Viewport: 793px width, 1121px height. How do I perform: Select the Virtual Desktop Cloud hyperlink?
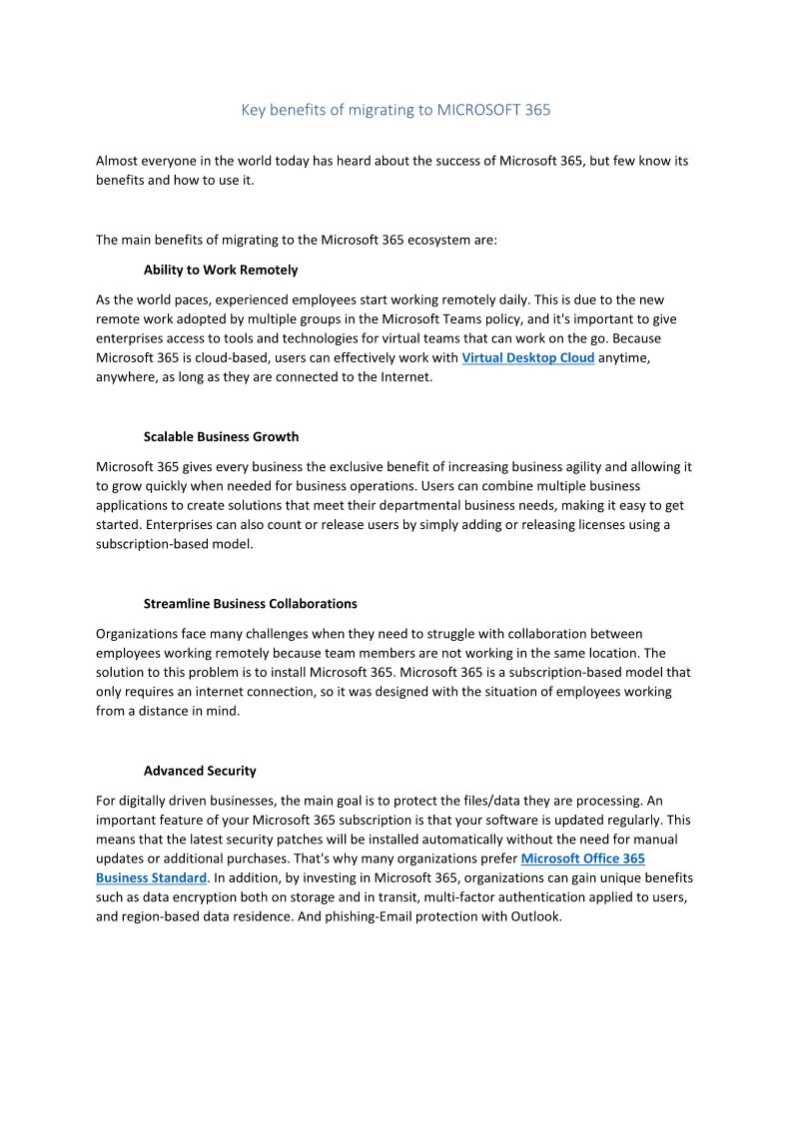[x=527, y=357]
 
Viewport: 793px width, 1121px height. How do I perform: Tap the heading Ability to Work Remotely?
[x=221, y=270]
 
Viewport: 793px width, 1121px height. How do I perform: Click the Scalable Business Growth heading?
[x=221, y=436]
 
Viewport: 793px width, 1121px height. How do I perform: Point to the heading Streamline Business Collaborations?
[x=250, y=603]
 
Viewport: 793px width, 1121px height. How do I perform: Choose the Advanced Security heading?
[x=200, y=771]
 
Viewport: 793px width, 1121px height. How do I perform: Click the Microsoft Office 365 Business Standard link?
[x=582, y=858]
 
